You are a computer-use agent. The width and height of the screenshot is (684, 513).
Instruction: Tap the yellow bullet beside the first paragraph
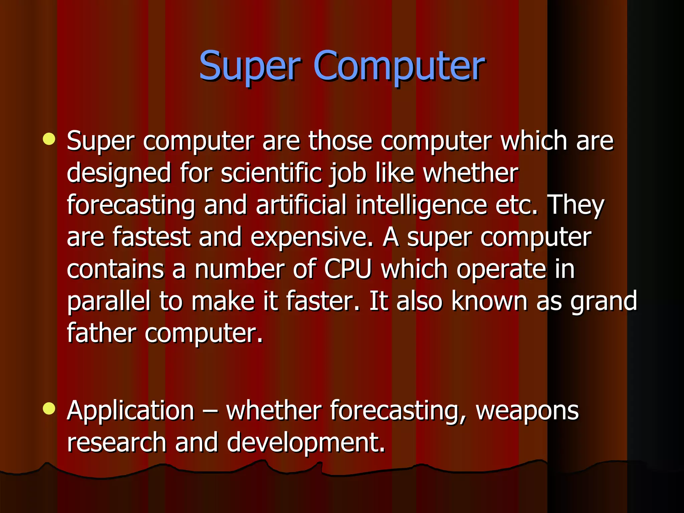point(49,139)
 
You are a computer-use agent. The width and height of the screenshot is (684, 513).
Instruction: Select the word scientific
point(271,173)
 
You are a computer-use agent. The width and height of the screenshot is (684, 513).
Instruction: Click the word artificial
point(301,205)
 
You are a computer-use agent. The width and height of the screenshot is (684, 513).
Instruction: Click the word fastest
point(151,237)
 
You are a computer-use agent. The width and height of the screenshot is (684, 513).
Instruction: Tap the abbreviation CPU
point(348,269)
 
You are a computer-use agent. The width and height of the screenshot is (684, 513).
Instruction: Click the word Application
point(131,411)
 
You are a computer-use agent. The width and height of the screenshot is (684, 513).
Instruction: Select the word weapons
point(527,411)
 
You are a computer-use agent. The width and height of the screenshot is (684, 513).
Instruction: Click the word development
point(306,443)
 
